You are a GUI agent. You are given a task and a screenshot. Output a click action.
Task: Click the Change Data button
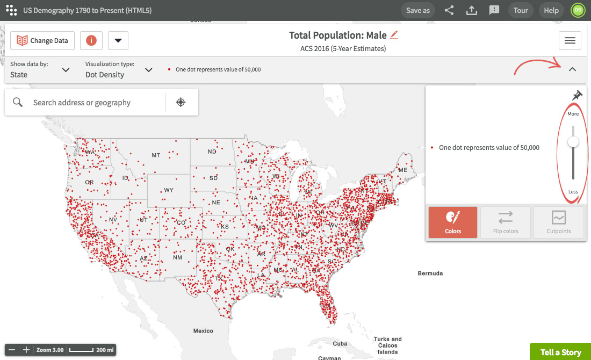point(42,40)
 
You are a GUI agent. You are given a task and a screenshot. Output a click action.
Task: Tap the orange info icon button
point(91,40)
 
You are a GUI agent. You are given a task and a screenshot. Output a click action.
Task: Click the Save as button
point(418,10)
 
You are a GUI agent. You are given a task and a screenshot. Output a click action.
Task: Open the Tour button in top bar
point(521,10)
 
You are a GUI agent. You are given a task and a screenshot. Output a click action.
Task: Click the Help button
point(551,10)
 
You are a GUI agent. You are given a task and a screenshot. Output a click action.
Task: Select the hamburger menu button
point(570,40)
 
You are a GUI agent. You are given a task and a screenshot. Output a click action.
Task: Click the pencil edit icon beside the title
point(394,35)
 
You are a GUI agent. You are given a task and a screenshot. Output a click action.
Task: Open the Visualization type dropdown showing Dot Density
point(119,70)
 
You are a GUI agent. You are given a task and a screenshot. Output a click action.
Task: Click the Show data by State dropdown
point(40,70)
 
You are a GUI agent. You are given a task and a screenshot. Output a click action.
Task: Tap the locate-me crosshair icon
point(181,103)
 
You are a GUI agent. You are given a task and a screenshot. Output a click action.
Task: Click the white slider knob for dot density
point(573,142)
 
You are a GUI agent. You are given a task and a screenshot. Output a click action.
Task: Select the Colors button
point(453,222)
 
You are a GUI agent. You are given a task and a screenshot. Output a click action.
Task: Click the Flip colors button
point(506,222)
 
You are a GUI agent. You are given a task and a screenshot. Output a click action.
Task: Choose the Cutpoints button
point(559,222)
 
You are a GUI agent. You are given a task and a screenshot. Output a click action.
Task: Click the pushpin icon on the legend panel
point(577,96)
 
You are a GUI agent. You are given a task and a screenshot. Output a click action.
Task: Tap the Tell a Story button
point(560,352)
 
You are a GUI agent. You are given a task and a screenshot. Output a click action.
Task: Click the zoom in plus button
point(26,350)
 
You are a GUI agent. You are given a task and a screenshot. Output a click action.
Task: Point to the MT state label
point(156,155)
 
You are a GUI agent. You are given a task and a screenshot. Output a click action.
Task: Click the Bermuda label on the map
point(430,273)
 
